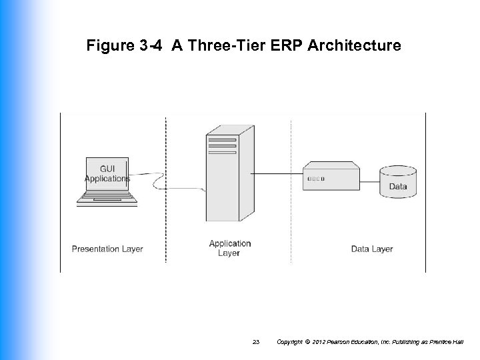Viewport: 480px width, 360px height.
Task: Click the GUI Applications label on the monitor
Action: [x=107, y=174]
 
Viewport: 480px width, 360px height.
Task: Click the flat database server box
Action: [x=331, y=177]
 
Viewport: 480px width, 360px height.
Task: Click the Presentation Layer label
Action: [x=107, y=249]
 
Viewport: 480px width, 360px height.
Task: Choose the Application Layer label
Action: [x=229, y=248]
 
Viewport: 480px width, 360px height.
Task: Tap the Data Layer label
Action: [x=372, y=249]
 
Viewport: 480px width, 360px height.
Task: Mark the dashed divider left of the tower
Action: [x=166, y=220]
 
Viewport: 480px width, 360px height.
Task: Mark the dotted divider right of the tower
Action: [x=291, y=220]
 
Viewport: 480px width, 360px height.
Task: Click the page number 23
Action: [x=256, y=342]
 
